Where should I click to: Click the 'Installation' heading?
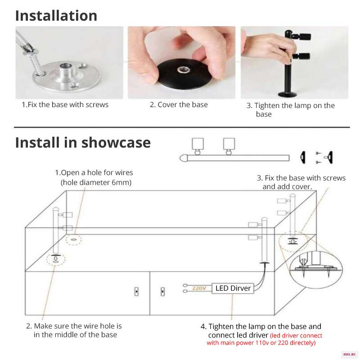point(56,16)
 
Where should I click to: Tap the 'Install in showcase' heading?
point(83,143)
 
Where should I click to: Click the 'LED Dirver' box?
point(233,288)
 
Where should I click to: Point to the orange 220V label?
point(199,288)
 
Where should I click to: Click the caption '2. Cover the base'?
point(179,105)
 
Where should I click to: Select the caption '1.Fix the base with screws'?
point(65,105)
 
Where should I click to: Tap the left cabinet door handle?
point(136,292)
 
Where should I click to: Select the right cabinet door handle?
point(162,292)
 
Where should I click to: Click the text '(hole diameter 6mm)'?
point(96,183)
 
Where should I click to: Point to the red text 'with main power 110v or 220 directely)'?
point(261,343)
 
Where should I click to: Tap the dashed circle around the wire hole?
point(73,240)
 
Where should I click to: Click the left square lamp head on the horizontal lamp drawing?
point(198,144)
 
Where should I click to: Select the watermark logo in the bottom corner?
point(349,355)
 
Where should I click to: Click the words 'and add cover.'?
point(287,187)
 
